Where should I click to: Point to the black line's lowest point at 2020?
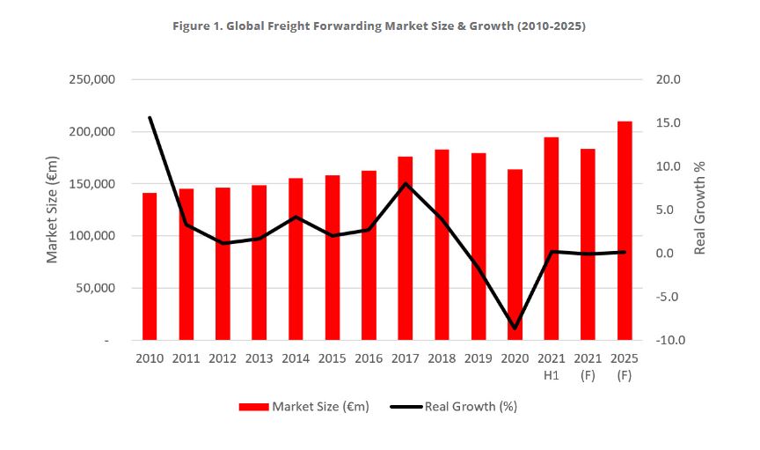pyautogui.click(x=515, y=328)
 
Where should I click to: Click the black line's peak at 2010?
pyautogui.click(x=150, y=117)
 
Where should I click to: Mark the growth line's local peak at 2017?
pyautogui.click(x=405, y=183)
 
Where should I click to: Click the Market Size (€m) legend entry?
pyautogui.click(x=304, y=406)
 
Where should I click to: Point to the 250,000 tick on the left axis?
pyautogui.click(x=92, y=80)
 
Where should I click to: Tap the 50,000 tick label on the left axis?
pyautogui.click(x=96, y=288)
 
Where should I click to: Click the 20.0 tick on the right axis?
pyautogui.click(x=668, y=80)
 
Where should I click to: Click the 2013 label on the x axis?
pyautogui.click(x=259, y=358)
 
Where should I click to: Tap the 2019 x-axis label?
pyautogui.click(x=478, y=358)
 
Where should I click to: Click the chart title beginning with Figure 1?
pyautogui.click(x=379, y=26)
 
